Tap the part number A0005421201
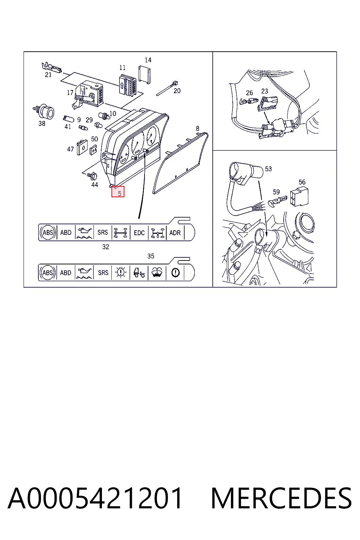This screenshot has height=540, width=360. (95, 498)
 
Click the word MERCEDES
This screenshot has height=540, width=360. (281, 498)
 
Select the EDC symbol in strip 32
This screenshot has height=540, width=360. (139, 233)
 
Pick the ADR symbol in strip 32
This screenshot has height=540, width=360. (175, 233)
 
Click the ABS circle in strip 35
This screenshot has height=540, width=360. (48, 273)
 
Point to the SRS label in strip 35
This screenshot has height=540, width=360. (103, 273)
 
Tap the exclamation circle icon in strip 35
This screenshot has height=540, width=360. (175, 273)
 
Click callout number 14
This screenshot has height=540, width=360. (148, 60)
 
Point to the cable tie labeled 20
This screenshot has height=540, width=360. (167, 88)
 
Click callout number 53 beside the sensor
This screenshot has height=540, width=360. (268, 169)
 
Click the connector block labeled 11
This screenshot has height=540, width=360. (127, 84)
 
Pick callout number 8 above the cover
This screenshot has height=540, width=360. (198, 128)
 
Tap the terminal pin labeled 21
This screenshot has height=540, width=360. (52, 67)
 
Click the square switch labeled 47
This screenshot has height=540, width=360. (82, 147)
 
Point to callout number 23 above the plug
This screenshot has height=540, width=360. (264, 91)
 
